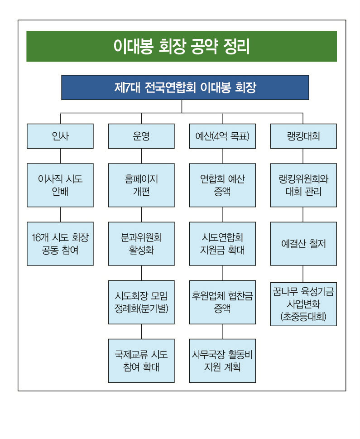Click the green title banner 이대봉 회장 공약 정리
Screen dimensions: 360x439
coord(182,46)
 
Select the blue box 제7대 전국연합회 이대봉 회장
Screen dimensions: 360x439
coord(185,87)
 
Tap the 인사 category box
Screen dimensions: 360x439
coord(60,136)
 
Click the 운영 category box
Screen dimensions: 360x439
coord(141,136)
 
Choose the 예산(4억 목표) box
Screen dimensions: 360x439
coord(222,136)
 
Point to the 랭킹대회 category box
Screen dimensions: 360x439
coord(303,136)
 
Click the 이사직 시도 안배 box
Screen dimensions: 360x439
coord(60,185)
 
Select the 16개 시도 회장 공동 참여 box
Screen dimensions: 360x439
coord(60,244)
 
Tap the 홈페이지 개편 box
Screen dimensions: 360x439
coord(141,185)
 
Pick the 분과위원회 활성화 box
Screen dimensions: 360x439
coord(141,244)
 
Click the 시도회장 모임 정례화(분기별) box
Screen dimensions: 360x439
coord(141,302)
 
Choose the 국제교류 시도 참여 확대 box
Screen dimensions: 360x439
coord(141,361)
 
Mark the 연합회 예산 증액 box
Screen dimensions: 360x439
coord(222,185)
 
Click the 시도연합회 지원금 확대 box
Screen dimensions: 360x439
coord(222,244)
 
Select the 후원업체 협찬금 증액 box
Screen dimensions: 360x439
coord(222,302)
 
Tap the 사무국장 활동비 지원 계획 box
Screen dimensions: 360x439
coord(222,361)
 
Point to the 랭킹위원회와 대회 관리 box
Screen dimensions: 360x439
coord(303,185)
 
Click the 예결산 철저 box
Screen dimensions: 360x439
coord(303,244)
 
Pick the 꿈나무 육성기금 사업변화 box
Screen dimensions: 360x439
coord(303,304)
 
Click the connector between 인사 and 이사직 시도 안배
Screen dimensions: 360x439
coord(61,156)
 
